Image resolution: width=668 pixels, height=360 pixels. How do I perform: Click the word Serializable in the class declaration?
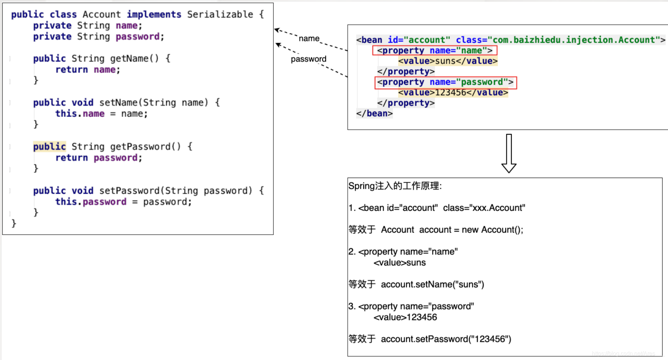(220, 15)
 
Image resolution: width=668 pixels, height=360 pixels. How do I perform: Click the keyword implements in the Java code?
(154, 15)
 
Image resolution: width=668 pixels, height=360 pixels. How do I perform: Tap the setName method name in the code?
(118, 103)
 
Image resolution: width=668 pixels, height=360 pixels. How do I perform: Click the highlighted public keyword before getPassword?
(49, 147)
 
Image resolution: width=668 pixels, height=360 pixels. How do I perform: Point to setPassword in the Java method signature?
(129, 191)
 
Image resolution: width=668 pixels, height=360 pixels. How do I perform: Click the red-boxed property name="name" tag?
(435, 50)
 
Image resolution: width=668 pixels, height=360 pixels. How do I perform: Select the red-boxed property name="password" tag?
(445, 82)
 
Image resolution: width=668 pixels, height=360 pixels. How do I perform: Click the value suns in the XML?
(445, 61)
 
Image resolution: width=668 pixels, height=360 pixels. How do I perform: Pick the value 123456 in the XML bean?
(450, 93)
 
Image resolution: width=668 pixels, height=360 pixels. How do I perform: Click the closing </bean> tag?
(374, 114)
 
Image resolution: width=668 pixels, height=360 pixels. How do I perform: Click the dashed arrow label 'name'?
(309, 38)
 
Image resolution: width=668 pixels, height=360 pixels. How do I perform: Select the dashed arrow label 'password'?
(308, 59)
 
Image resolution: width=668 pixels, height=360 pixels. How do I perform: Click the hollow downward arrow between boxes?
(509, 154)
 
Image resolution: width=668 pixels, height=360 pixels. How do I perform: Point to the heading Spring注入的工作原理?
(395, 186)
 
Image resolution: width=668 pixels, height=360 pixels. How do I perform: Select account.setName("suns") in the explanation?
(432, 285)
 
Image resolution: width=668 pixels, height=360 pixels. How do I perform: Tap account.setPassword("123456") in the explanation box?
(446, 339)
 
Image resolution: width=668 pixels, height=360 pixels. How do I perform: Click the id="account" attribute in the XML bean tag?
(419, 40)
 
